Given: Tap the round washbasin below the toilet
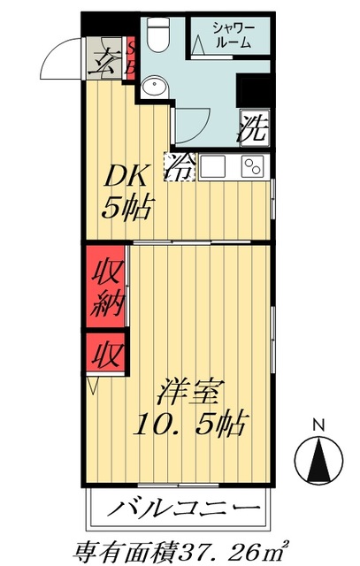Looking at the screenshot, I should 157,87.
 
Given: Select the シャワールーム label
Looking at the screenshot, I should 232,35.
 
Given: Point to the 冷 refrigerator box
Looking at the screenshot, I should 182,165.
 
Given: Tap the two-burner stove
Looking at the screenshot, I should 254,166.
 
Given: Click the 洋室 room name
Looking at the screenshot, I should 189,390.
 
